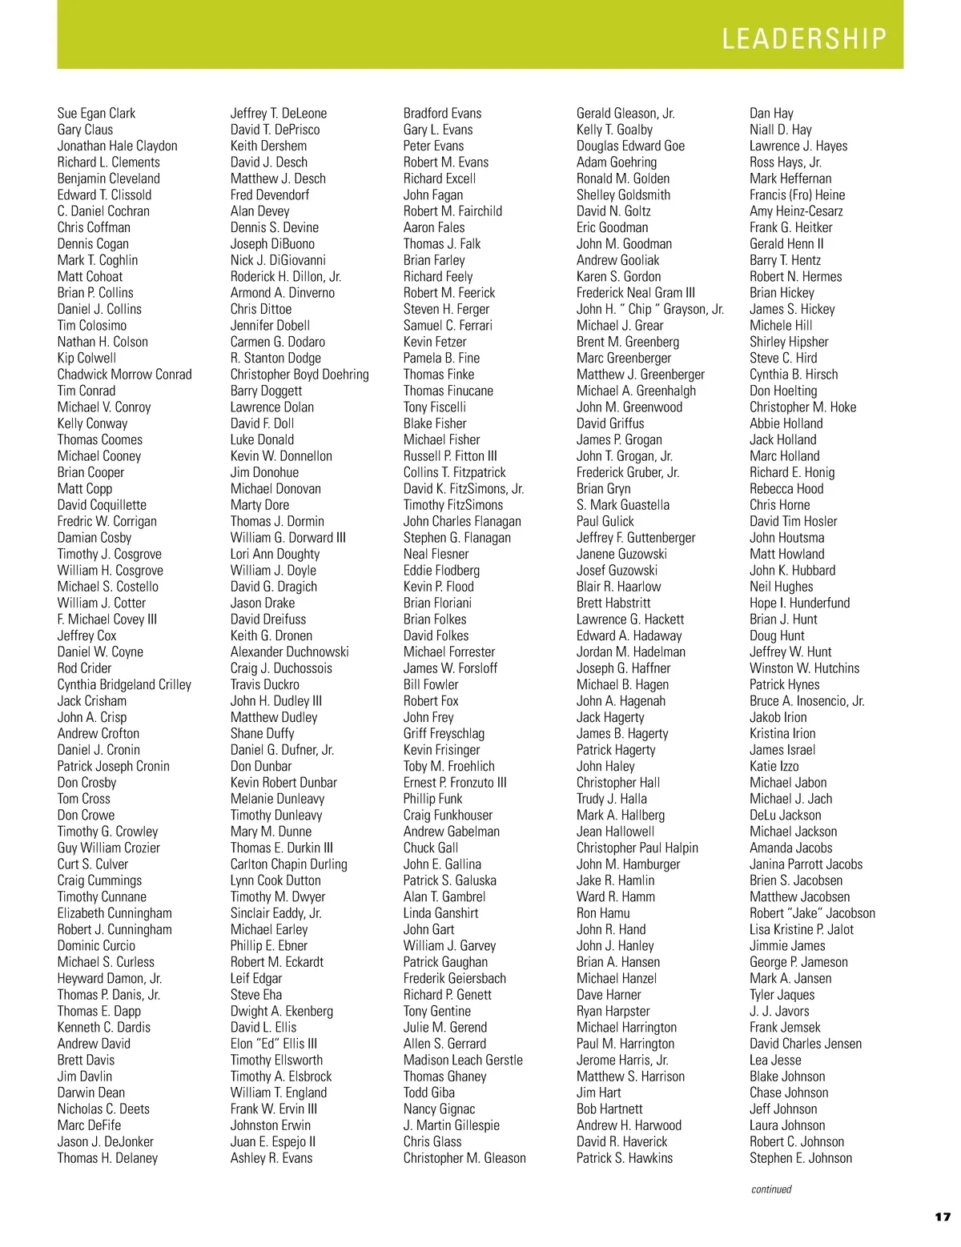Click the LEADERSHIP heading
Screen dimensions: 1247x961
pyautogui.click(x=804, y=38)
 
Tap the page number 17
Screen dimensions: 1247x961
pyautogui.click(x=942, y=1217)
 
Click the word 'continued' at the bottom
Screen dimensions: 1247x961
pyautogui.click(x=771, y=1189)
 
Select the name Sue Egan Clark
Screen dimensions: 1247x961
pyautogui.click(x=96, y=114)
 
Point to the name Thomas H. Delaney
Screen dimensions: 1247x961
pyautogui.click(x=107, y=1158)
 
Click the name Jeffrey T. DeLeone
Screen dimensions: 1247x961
pyautogui.click(x=279, y=114)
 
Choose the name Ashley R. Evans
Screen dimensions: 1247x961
pyautogui.click(x=271, y=1158)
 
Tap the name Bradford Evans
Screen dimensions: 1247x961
pyautogui.click(x=442, y=114)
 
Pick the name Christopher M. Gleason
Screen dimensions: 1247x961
pyautogui.click(x=464, y=1158)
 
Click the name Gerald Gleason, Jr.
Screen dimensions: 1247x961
pyautogui.click(x=625, y=114)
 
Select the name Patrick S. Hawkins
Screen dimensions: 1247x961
pyautogui.click(x=625, y=1158)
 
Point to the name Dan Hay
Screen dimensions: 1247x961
pyautogui.click(x=771, y=114)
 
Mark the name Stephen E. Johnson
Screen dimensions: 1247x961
pyautogui.click(x=801, y=1158)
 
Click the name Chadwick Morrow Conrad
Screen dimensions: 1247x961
pyautogui.click(x=124, y=375)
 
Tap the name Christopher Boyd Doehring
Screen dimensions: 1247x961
pyautogui.click(x=300, y=375)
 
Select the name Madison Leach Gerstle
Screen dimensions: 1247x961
pyautogui.click(x=463, y=1061)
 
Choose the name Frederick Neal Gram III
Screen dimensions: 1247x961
pyautogui.click(x=636, y=293)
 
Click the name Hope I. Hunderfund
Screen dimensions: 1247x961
pyautogui.click(x=799, y=603)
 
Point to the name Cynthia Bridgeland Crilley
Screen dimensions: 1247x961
pyautogui.click(x=124, y=685)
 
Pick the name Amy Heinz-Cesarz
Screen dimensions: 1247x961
pyautogui.click(x=796, y=211)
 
